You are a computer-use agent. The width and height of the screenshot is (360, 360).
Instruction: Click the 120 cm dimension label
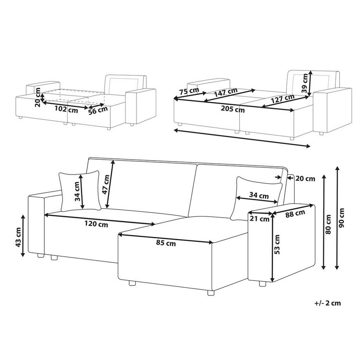(x=96, y=223)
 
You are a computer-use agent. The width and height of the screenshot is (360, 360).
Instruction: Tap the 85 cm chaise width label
(x=166, y=243)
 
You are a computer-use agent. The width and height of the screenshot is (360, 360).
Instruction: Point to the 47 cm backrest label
(x=106, y=184)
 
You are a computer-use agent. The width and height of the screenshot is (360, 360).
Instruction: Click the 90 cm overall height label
(x=342, y=218)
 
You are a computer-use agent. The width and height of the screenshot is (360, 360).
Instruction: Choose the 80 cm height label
(x=328, y=224)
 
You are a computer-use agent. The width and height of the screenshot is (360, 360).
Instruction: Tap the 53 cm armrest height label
(x=277, y=244)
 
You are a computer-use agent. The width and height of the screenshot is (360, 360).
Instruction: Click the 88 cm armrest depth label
(x=295, y=214)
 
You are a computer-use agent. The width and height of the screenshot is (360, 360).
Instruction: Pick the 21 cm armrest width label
(x=259, y=219)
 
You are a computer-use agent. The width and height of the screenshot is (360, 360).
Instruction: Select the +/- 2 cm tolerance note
(x=328, y=303)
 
